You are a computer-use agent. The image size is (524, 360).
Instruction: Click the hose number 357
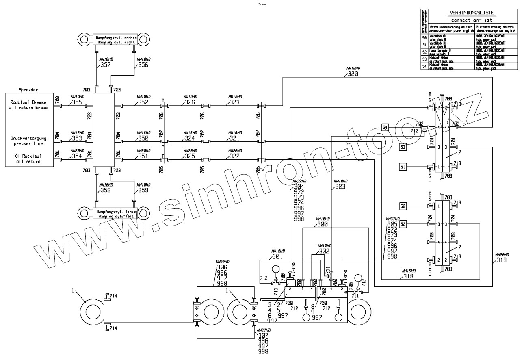click(105, 65)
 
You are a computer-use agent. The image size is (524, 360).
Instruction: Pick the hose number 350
click(143, 138)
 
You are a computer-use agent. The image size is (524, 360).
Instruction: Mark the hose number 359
click(143, 190)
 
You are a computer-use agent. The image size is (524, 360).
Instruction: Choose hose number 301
click(277, 257)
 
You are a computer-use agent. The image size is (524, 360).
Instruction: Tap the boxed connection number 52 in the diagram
click(403, 224)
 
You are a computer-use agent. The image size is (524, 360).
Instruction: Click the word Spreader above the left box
click(28, 89)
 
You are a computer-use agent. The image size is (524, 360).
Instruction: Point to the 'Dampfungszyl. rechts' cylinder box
click(115, 40)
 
